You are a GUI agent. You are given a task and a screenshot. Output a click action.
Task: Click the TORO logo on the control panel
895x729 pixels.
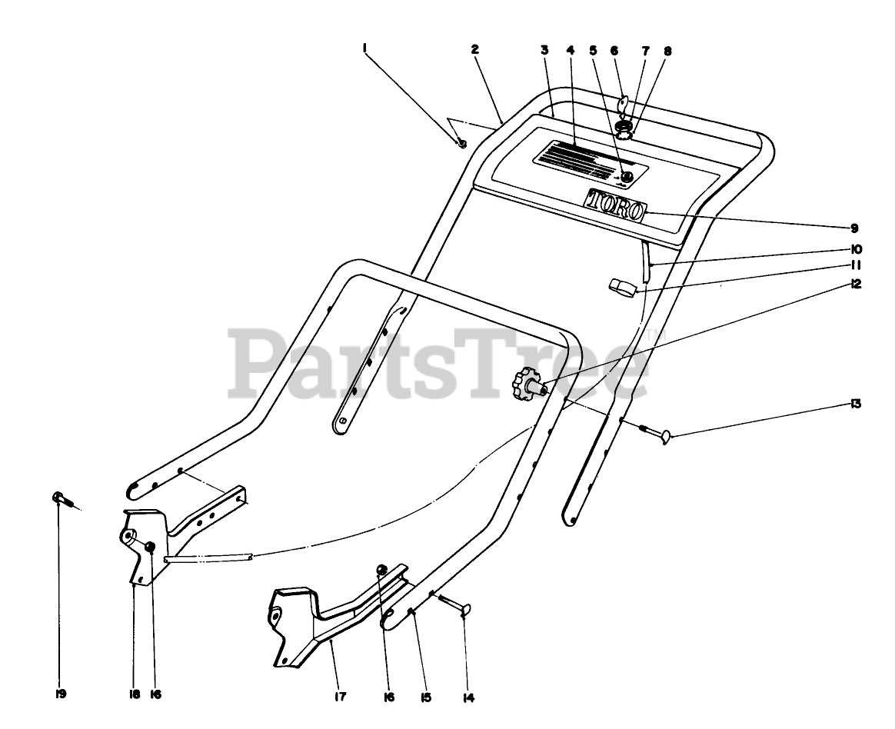tap(615, 205)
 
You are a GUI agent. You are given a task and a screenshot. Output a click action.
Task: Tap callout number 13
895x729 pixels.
tap(855, 404)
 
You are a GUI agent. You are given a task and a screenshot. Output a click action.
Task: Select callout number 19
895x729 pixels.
tap(61, 694)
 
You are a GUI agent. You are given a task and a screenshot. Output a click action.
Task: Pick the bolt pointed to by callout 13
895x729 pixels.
tap(655, 433)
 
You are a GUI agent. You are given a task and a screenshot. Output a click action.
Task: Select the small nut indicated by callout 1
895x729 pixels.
tap(461, 142)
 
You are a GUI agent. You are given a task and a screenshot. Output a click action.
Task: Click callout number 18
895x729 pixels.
tap(135, 694)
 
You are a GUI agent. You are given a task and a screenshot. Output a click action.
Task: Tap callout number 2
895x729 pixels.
tap(475, 49)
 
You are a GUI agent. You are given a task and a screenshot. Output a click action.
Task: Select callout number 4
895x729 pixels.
tap(571, 50)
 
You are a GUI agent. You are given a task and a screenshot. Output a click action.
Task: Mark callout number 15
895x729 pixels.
tap(425, 697)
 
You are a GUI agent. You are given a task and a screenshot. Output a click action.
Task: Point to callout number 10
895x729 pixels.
tap(856, 250)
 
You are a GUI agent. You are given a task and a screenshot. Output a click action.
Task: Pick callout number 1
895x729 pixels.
tap(364, 48)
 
